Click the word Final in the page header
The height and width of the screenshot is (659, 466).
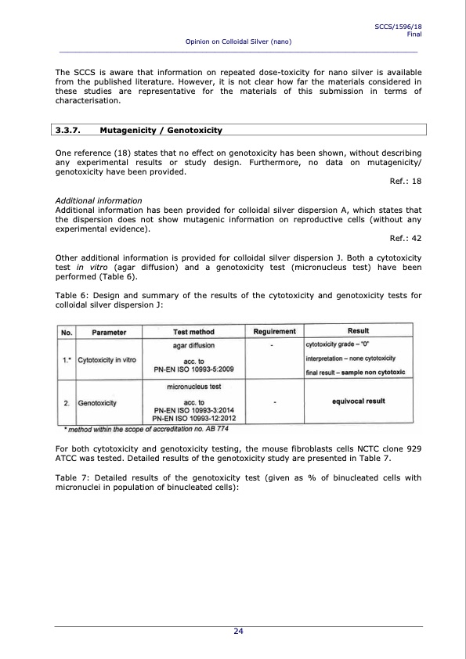coord(414,34)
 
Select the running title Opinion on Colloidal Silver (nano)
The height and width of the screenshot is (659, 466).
coord(239,41)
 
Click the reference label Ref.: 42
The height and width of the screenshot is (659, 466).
coord(406,239)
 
